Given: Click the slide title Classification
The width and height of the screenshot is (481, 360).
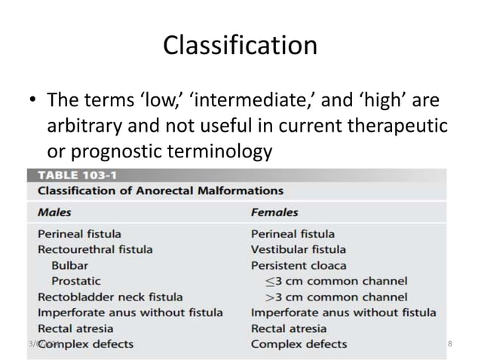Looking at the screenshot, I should tap(240, 46).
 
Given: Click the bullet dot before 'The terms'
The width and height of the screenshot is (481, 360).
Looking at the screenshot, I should tap(33, 101).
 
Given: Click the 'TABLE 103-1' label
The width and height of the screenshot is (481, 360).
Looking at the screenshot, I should tap(72, 174).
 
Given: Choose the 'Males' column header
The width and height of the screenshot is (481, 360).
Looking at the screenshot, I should tap(55, 212).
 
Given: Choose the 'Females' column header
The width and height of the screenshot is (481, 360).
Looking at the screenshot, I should tap(274, 212).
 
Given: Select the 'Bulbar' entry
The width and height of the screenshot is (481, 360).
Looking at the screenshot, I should tap(69, 265).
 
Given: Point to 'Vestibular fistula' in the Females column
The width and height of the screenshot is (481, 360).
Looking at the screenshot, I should tap(299, 249).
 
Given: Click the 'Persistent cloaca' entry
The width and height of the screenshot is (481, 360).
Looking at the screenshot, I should tap(299, 265).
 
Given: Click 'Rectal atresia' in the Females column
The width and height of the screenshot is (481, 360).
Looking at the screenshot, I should tap(289, 328).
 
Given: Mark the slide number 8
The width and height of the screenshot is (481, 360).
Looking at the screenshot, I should tap(450, 344).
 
